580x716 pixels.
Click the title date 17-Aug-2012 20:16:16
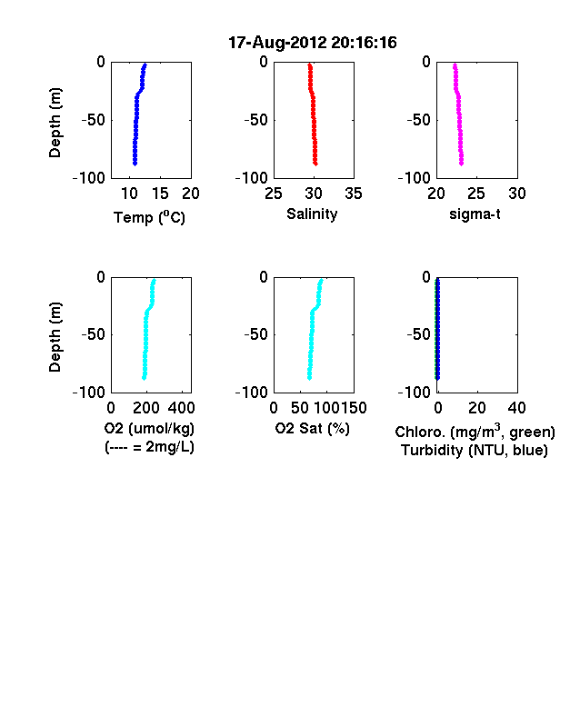313,43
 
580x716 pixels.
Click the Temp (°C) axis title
149,217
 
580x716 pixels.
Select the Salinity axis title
312,214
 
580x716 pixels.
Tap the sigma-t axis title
475,214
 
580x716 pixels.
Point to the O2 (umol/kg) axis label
149,428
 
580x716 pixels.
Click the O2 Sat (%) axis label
313,428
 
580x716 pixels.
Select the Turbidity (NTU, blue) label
475,451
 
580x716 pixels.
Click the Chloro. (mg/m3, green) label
475,432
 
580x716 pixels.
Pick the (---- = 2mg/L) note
149,446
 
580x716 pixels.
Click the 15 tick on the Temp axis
160,194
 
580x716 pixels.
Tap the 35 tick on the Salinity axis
354,194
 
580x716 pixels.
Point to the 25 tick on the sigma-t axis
475,194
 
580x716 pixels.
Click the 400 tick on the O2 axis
181,408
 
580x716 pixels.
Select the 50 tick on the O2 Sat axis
300,408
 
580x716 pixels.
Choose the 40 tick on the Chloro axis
516,408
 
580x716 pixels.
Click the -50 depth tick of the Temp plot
93,120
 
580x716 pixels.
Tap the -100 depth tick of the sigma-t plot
415,178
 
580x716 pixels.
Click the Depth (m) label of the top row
55,123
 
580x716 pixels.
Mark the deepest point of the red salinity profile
315,164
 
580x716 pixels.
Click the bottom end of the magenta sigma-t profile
462,164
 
